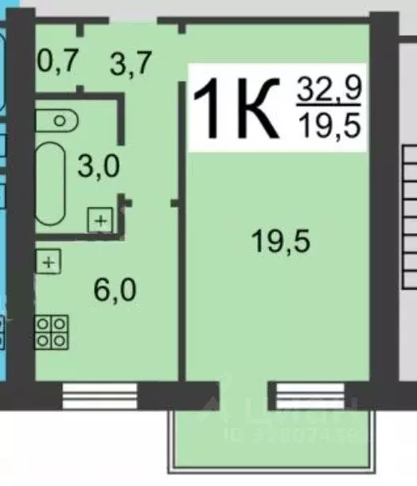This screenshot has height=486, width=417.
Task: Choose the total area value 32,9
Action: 329,90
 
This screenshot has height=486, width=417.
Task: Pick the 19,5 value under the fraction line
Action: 329,126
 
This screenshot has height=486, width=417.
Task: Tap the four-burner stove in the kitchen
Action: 51,331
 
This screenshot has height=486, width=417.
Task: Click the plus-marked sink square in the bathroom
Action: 99,220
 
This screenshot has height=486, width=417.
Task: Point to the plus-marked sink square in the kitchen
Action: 48,261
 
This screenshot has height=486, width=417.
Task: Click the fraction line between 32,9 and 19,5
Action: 329,108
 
